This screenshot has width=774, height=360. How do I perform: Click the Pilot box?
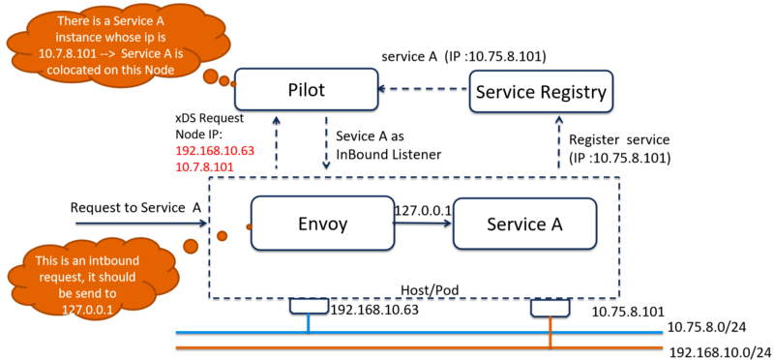[x=305, y=91]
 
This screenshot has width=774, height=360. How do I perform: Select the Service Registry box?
[x=541, y=92]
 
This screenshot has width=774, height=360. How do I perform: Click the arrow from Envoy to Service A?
[x=422, y=222]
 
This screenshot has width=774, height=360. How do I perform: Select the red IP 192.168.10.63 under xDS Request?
[x=215, y=152]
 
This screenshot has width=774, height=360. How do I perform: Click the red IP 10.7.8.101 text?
[x=202, y=167]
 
